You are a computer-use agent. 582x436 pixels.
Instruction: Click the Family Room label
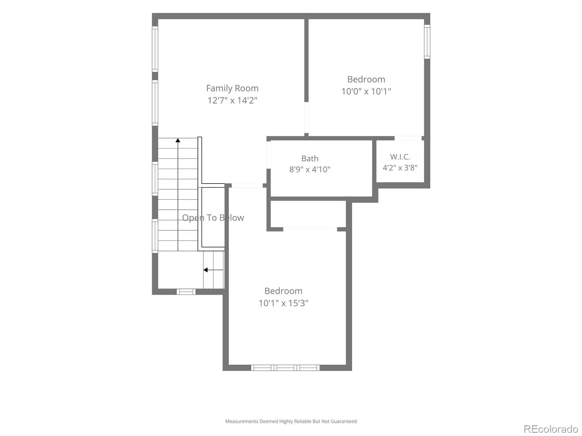pos(232,88)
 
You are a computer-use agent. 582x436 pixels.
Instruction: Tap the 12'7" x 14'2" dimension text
pos(232,100)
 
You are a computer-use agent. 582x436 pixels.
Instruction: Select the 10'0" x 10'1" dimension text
pos(366,91)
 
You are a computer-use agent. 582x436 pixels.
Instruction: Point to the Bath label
pos(310,158)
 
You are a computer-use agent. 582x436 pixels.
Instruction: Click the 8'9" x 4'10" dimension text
pos(310,169)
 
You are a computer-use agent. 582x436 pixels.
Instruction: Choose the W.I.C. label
pos(400,157)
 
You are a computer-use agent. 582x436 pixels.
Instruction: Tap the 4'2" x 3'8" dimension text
pos(400,167)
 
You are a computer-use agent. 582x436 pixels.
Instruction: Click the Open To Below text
pos(213,218)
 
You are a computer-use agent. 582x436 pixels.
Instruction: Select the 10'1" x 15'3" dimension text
pos(283,303)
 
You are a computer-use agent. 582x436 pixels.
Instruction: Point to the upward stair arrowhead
pos(178,140)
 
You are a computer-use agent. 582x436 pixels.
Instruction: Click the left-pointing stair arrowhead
pos(206,270)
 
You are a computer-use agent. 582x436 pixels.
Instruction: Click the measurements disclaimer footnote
pos(291,421)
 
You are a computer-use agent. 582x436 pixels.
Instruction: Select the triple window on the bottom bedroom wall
pos(285,368)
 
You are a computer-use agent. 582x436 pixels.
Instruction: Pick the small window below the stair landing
pos(186,292)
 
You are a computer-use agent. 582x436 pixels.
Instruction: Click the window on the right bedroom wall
pos(427,41)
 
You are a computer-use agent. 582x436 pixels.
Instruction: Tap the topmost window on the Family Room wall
pos(155,49)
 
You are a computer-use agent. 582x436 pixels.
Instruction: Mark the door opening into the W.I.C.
pos(408,138)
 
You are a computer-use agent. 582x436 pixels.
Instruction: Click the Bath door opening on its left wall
pos(268,155)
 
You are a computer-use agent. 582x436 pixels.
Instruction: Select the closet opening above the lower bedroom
pos(310,229)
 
